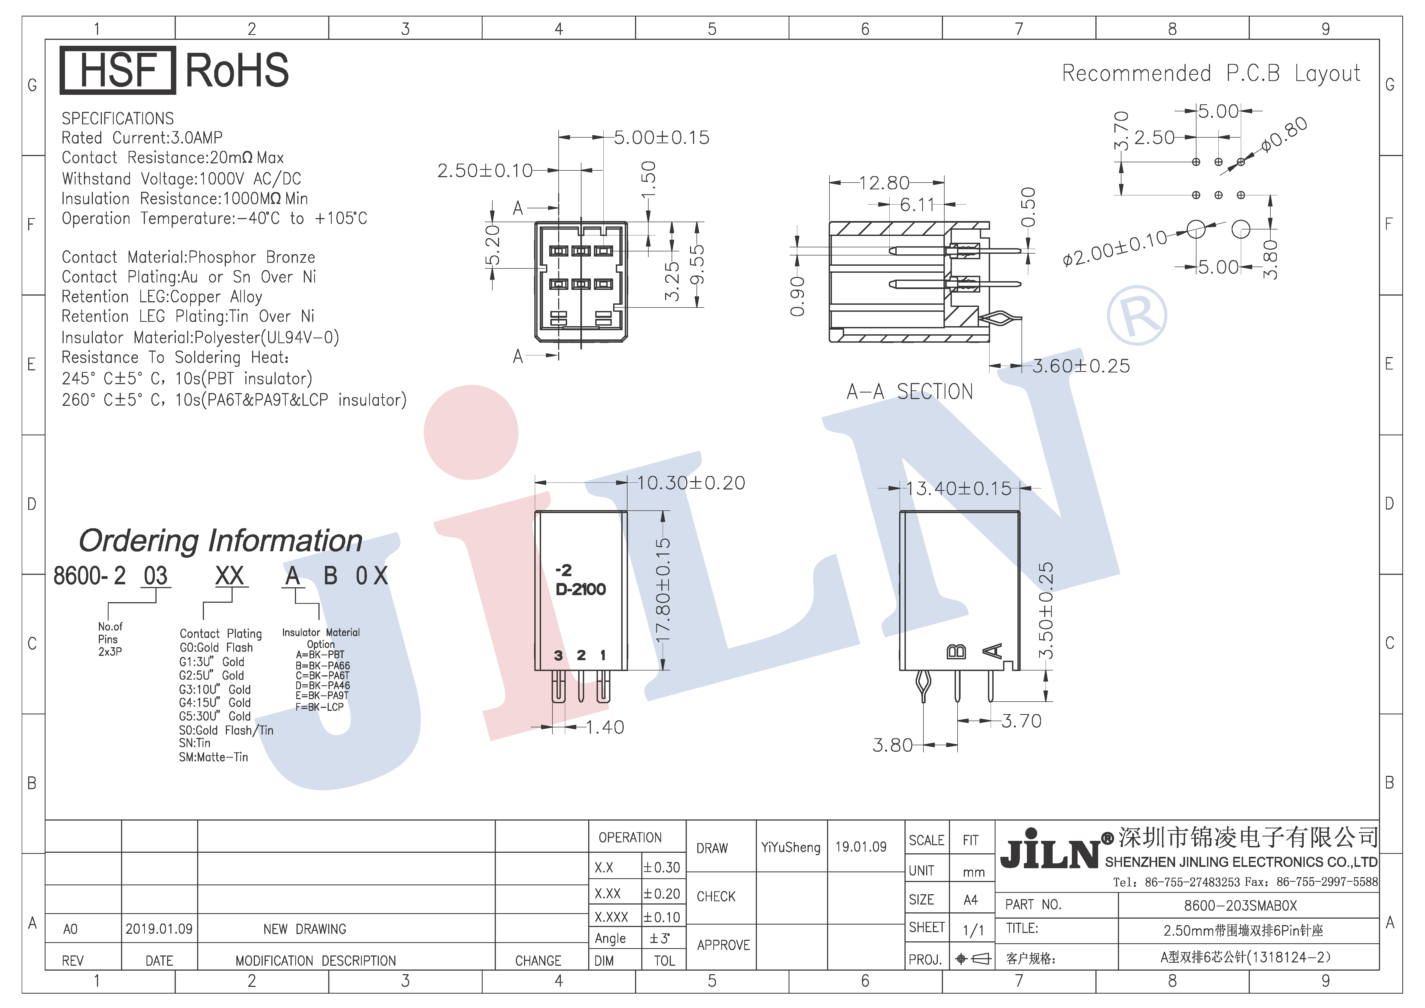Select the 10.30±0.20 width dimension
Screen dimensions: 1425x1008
[691, 483]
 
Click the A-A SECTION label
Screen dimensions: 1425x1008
[910, 392]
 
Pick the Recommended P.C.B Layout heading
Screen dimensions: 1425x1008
[1211, 73]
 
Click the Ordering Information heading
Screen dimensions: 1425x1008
[220, 541]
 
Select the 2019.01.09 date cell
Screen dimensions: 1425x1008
[159, 929]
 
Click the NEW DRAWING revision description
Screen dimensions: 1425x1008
[305, 929]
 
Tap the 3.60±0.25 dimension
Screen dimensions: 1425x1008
[1081, 366]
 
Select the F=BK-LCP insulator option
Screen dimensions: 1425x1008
[320, 707]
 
